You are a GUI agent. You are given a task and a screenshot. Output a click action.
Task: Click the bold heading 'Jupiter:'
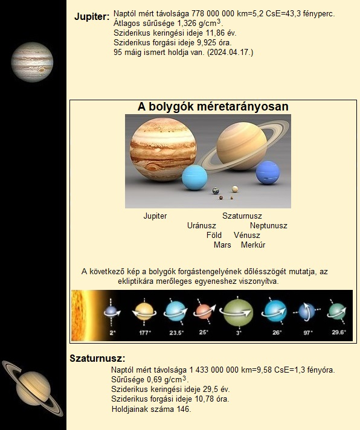(x=92, y=17)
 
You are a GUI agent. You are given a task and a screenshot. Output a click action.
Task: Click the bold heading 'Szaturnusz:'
(x=97, y=358)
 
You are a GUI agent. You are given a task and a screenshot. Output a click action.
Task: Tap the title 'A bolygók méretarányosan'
(x=213, y=107)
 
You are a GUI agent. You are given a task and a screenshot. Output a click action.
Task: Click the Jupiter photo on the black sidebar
(x=32, y=62)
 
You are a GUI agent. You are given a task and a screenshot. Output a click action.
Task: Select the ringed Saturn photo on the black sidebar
(x=33, y=388)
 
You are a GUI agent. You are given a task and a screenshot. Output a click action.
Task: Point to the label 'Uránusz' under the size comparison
(x=202, y=226)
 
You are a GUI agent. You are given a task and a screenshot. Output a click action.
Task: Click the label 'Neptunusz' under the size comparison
(x=269, y=226)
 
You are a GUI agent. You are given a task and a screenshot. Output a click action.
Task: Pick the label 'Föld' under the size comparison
(x=214, y=236)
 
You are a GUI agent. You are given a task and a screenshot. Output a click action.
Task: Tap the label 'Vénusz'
(x=247, y=236)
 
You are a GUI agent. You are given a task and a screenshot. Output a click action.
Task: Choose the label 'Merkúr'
(x=253, y=245)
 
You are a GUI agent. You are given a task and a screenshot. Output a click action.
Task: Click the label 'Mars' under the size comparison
(x=222, y=245)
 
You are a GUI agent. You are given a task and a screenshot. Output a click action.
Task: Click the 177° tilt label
(x=145, y=333)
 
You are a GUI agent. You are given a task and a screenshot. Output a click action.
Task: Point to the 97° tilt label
(x=308, y=333)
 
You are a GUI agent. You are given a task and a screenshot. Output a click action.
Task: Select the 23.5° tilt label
(x=176, y=333)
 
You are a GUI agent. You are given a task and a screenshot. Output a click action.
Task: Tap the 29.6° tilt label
(x=339, y=332)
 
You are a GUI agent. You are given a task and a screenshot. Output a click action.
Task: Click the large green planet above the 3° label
(x=238, y=312)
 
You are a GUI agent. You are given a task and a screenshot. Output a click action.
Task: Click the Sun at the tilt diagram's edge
(x=82, y=315)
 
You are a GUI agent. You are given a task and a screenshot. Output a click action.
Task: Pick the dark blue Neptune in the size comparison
(x=268, y=173)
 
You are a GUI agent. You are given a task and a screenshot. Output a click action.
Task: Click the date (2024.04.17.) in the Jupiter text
(x=230, y=53)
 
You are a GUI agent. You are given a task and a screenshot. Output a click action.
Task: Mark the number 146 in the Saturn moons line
(x=182, y=409)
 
